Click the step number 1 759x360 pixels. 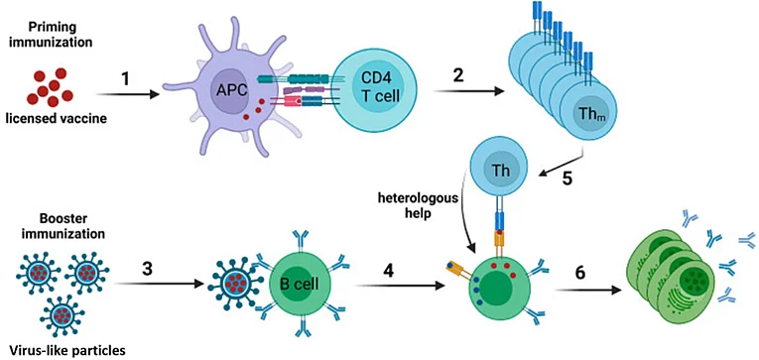(126, 78)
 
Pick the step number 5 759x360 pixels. (568, 179)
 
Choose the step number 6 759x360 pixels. (579, 273)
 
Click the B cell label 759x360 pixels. (300, 284)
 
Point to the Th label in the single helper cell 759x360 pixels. (499, 172)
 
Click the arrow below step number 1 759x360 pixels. (128, 94)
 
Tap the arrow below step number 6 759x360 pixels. (587, 291)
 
